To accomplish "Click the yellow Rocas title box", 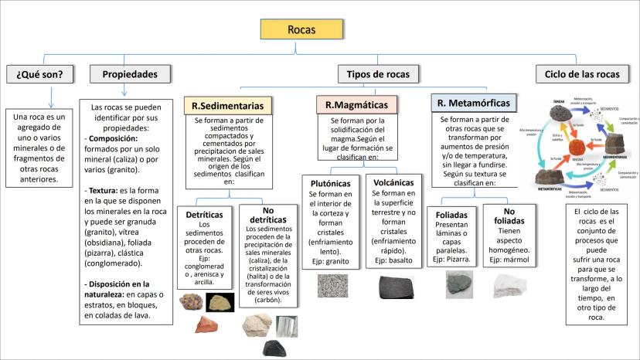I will [x=300, y=29].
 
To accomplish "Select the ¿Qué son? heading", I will [x=40, y=74].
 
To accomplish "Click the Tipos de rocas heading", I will [x=378, y=74].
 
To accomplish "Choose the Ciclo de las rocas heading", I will [x=578, y=74].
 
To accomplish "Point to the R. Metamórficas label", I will [x=475, y=102].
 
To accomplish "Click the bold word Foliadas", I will [x=452, y=214].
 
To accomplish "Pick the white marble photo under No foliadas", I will [x=507, y=286].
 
